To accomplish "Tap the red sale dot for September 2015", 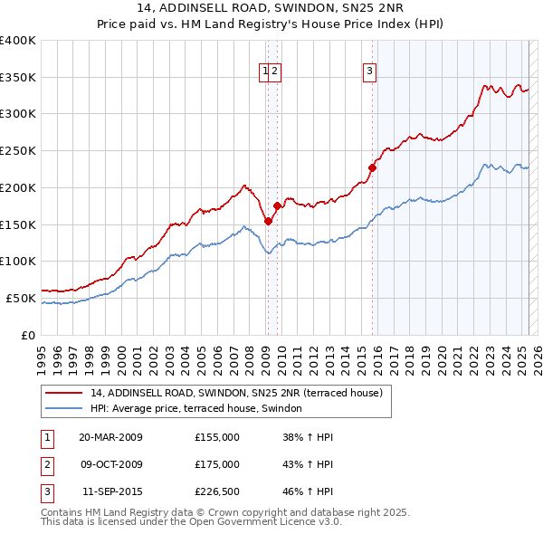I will tap(372, 167).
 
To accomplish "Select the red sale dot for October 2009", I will tap(278, 205).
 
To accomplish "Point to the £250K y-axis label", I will tap(18, 151).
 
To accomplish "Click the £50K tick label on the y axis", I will tap(21, 298).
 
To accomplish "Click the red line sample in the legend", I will tap(63, 393).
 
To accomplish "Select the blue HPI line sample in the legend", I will tap(63, 408).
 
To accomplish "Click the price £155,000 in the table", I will tap(217, 437).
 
